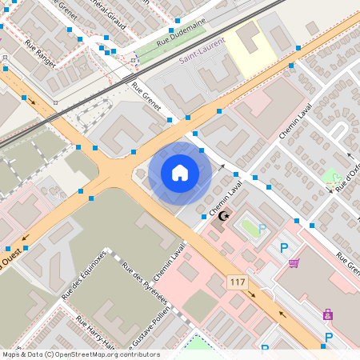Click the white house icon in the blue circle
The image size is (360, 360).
tap(180, 173)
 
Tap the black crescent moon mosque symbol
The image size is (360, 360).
tap(224, 216)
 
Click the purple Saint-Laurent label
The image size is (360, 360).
tap(202, 57)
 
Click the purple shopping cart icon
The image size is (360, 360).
tap(294, 263)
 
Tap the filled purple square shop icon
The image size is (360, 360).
tap(327, 314)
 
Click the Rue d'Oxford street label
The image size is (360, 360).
tap(349, 177)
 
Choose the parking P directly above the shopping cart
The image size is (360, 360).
tap(283, 248)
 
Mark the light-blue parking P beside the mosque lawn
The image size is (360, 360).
tap(262, 228)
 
